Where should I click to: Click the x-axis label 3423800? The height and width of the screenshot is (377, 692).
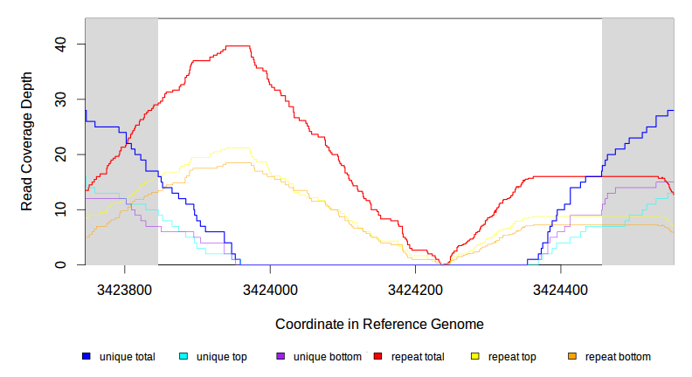pyautogui.click(x=125, y=288)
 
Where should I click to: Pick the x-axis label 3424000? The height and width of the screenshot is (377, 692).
pyautogui.click(x=270, y=288)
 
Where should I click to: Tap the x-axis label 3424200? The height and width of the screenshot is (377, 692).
pyautogui.click(x=415, y=288)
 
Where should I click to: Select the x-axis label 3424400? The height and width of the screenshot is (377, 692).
pyautogui.click(x=560, y=288)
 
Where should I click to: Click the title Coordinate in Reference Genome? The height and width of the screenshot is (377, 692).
pyautogui.click(x=379, y=324)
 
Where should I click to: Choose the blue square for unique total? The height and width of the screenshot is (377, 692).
pyautogui.click(x=86, y=357)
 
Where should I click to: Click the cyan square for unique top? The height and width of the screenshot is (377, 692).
pyautogui.click(x=183, y=357)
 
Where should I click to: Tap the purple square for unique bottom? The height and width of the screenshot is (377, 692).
pyautogui.click(x=280, y=357)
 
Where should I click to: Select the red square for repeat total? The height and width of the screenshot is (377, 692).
pyautogui.click(x=377, y=357)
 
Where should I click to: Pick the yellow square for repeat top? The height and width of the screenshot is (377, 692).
pyautogui.click(x=475, y=357)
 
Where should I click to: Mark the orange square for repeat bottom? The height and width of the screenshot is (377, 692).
pyautogui.click(x=572, y=357)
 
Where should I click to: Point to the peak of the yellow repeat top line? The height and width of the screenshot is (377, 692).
pyautogui.click(x=238, y=148)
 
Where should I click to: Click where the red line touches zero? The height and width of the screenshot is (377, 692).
pyautogui.click(x=445, y=264)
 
